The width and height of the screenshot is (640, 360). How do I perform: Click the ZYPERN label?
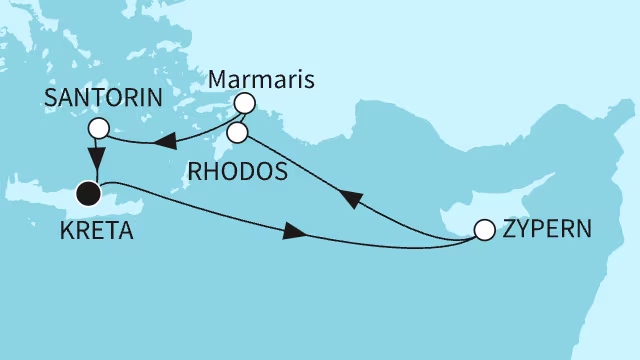tap(546, 229)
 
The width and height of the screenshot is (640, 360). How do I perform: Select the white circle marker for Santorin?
tap(98, 128)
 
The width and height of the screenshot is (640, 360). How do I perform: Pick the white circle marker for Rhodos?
tap(237, 131)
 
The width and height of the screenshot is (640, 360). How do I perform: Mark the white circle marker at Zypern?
tap(484, 230)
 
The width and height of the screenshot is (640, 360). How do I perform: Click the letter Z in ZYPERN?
tap(508, 229)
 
